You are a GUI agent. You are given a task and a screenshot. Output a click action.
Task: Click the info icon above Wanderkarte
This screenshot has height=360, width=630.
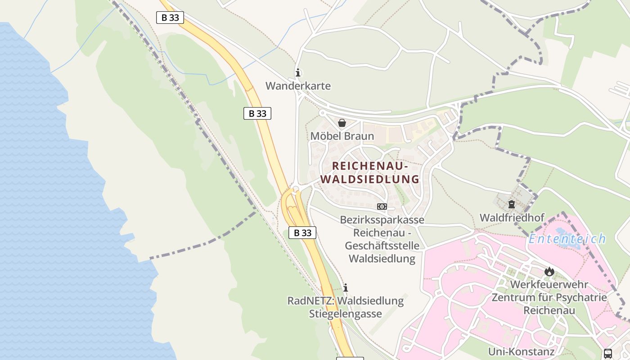297,72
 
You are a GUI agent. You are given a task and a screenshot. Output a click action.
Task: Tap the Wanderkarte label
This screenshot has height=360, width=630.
298,86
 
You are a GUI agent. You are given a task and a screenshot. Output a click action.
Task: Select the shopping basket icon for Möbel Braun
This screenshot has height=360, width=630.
342,123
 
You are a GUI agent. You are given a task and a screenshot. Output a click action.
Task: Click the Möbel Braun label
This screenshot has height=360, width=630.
342,136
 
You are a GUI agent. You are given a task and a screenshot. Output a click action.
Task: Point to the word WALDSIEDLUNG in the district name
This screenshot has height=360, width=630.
370,179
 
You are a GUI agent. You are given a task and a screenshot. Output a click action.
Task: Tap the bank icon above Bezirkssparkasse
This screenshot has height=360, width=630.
382,207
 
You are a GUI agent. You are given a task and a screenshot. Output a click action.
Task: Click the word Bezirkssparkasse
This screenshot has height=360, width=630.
382,220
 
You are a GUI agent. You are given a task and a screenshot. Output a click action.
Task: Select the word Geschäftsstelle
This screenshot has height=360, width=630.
382,246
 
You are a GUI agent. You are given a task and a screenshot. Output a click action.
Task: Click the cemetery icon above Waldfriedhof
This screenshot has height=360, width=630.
512,205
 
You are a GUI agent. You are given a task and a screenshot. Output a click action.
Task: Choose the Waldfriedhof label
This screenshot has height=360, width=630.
512,218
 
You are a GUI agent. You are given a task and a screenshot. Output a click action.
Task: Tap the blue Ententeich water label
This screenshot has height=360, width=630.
567,239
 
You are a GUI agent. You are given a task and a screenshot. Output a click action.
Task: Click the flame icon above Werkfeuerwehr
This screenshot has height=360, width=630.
549,271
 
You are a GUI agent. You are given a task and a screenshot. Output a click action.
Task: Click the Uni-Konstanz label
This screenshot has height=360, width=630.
522,351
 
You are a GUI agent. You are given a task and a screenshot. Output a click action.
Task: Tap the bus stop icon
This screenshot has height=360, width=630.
608,353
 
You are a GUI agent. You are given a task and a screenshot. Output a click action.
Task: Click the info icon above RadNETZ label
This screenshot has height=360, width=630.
346,288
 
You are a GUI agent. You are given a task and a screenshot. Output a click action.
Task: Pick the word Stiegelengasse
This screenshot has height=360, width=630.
346,314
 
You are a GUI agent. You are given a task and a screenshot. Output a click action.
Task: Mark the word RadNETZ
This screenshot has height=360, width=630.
310,301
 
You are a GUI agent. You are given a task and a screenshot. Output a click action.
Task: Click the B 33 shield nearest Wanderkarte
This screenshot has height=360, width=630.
257,113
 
